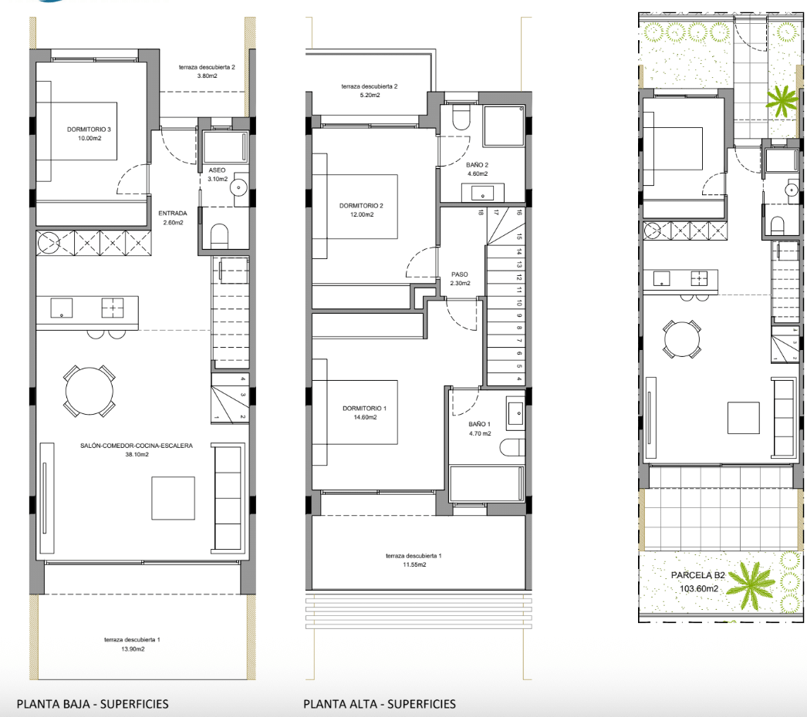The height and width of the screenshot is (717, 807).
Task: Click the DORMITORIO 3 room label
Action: [x=89, y=129]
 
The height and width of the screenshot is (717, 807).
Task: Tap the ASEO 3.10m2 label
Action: [x=218, y=174]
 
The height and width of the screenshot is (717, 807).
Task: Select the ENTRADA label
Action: [x=173, y=213]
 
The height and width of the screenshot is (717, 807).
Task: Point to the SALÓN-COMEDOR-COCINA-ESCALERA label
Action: [x=137, y=446]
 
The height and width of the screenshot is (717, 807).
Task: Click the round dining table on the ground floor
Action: [x=89, y=392]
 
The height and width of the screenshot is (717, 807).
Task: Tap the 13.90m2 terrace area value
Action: [x=132, y=649]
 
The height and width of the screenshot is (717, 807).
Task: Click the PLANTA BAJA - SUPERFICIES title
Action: [x=93, y=704]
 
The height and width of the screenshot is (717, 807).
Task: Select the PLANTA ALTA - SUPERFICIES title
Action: [x=380, y=704]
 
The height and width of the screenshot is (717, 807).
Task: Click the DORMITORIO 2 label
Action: [x=361, y=206]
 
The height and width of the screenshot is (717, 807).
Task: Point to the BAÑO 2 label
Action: [x=477, y=165]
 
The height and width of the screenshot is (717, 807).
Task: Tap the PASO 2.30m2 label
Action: [x=460, y=279]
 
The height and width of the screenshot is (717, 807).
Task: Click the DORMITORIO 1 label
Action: [x=364, y=409]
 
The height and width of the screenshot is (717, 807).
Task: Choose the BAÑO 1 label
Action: [x=480, y=424]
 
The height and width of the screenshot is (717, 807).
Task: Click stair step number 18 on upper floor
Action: [x=481, y=212]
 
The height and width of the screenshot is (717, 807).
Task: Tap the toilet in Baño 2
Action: [x=461, y=117]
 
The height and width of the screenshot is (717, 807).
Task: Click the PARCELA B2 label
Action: [x=698, y=576]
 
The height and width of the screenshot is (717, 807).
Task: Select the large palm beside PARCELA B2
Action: [x=752, y=585]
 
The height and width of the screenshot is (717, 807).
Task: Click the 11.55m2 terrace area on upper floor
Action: [x=414, y=565]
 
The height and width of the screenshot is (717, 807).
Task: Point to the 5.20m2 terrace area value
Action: [x=370, y=95]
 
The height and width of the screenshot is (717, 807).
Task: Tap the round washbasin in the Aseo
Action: [x=239, y=188]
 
